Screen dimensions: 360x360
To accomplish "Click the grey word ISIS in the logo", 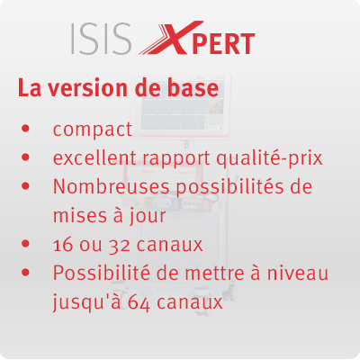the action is pyautogui.click(x=102, y=39).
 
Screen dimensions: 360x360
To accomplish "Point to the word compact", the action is pyautogui.click(x=93, y=130).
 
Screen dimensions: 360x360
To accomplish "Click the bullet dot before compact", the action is pyautogui.click(x=26, y=129).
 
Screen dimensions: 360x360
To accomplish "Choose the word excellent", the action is pyautogui.click(x=95, y=157).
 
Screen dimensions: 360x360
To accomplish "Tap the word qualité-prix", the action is pyautogui.click(x=270, y=158).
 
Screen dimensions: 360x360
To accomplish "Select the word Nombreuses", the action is pyautogui.click(x=112, y=186).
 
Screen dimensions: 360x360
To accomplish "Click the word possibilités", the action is pyautogui.click(x=229, y=187).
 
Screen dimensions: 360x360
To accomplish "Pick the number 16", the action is pyautogui.click(x=63, y=245).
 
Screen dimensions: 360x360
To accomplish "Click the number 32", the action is pyautogui.click(x=119, y=246).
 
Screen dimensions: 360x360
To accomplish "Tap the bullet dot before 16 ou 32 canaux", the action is pyautogui.click(x=26, y=243).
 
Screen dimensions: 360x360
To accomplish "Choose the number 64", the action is pyautogui.click(x=139, y=303).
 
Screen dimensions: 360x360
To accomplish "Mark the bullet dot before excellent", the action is pyautogui.click(x=26, y=157).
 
